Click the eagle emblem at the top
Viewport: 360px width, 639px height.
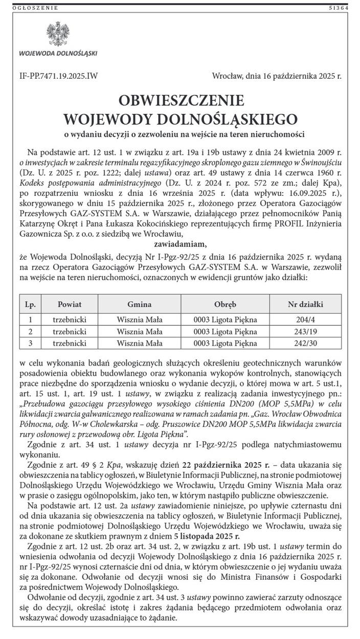tap(56, 34)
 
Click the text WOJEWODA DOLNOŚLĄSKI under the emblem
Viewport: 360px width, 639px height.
tap(58, 53)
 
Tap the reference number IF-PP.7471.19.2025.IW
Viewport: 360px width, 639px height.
tap(57, 76)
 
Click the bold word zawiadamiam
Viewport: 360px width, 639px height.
tap(180, 244)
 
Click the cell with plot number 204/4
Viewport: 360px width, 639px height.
tap(305, 320)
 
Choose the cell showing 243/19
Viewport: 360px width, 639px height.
tap(305, 331)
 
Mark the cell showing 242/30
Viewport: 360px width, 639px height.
tap(305, 343)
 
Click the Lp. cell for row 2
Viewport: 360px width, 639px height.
tap(30, 331)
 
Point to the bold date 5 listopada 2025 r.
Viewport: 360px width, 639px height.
tap(207, 536)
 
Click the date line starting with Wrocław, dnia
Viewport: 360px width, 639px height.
tap(276, 76)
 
